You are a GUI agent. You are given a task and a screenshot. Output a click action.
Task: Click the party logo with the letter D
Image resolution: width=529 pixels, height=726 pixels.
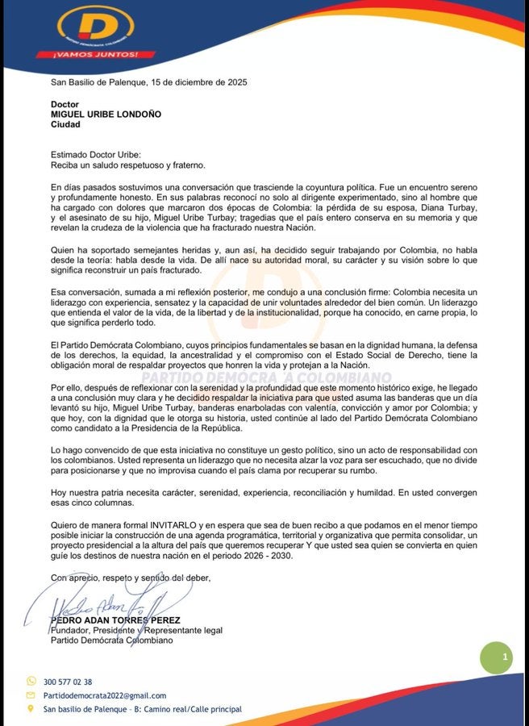pyautogui.click(x=95, y=27)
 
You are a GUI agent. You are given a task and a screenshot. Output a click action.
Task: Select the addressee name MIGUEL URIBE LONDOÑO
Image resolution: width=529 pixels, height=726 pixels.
pyautogui.click(x=106, y=115)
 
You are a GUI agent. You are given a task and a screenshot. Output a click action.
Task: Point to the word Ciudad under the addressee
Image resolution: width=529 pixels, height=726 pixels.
pyautogui.click(x=65, y=124)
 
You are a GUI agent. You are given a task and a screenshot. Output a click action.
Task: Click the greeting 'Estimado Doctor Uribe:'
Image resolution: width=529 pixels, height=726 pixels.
pyautogui.click(x=95, y=154)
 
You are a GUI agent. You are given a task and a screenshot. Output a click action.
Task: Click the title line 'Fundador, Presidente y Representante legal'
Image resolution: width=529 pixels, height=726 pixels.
pyautogui.click(x=135, y=630)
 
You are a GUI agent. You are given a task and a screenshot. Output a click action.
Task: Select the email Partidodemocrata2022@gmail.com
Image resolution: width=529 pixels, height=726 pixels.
pyautogui.click(x=104, y=695)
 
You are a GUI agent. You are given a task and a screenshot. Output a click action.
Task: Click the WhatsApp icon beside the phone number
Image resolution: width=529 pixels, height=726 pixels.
pyautogui.click(x=31, y=682)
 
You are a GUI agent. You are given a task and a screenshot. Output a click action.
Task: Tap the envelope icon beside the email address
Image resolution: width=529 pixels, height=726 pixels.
pyautogui.click(x=31, y=695)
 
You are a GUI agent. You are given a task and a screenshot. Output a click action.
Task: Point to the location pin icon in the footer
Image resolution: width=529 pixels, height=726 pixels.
pyautogui.click(x=31, y=709)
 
